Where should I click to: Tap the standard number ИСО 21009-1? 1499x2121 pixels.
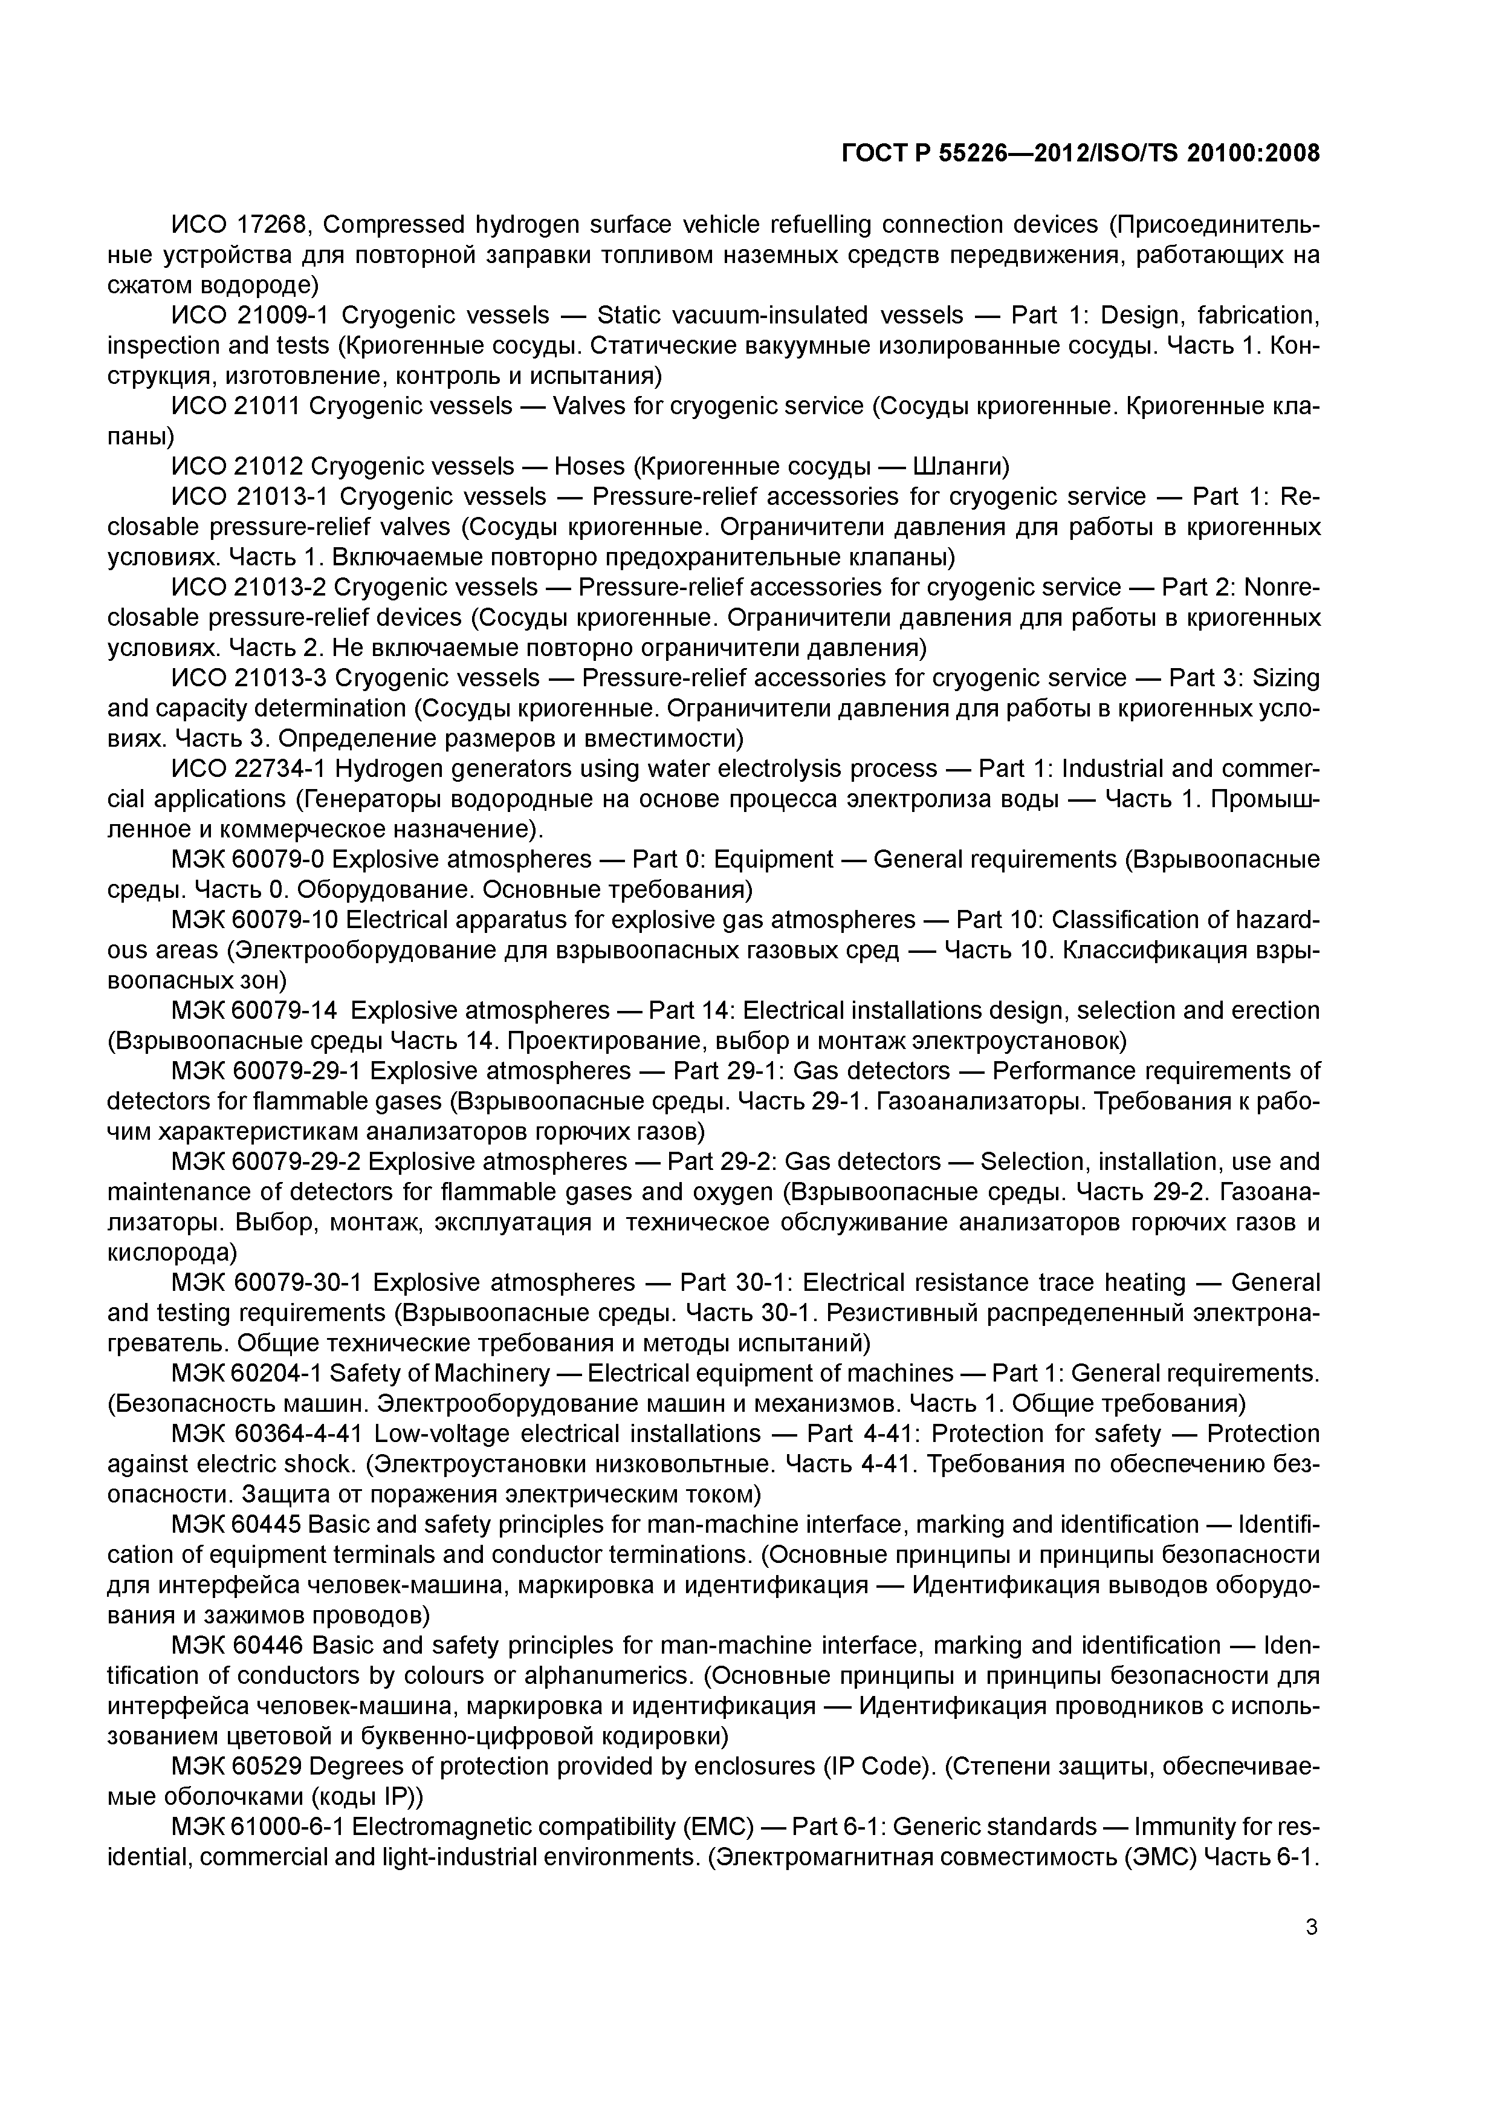click(250, 316)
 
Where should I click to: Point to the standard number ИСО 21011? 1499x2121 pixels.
click(236, 406)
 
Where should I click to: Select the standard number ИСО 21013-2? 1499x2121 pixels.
click(250, 588)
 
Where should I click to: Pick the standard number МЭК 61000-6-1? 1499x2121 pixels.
click(257, 1827)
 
